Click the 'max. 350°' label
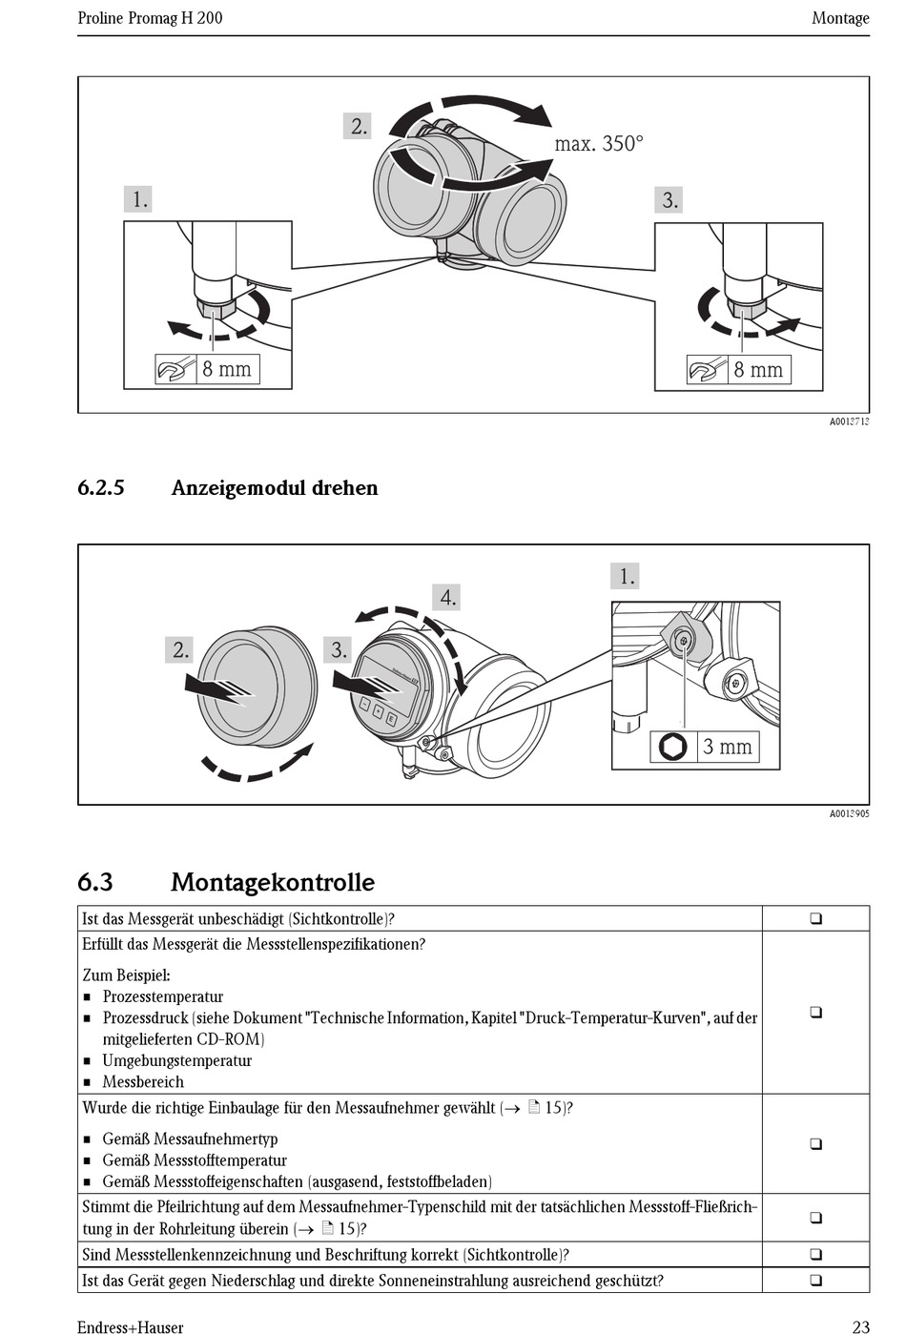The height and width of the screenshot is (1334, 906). pyautogui.click(x=599, y=144)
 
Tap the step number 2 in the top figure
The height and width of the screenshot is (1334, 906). pyautogui.click(x=359, y=126)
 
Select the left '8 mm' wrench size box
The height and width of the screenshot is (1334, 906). pyautogui.click(x=222, y=369)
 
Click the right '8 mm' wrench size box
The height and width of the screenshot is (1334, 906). pyautogui.click(x=752, y=370)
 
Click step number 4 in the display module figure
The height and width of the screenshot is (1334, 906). pyautogui.click(x=447, y=598)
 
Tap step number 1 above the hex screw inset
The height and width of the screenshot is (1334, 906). pyautogui.click(x=626, y=576)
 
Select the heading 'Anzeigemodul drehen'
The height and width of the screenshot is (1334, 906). pyautogui.click(x=275, y=488)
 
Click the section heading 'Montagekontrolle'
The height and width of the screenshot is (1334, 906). pyautogui.click(x=272, y=882)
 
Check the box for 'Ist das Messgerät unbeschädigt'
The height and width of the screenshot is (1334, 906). pyautogui.click(x=815, y=919)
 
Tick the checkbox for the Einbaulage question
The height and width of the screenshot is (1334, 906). pyautogui.click(x=815, y=1143)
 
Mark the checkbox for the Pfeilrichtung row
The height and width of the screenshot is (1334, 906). pyautogui.click(x=815, y=1218)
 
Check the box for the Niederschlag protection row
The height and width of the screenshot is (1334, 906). pyautogui.click(x=815, y=1281)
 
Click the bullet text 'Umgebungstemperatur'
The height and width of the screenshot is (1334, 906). pyautogui.click(x=177, y=1060)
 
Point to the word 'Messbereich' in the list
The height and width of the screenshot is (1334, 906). pyautogui.click(x=143, y=1081)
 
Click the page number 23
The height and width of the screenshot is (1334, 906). pyautogui.click(x=860, y=1325)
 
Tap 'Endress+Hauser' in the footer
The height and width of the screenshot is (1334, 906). pyautogui.click(x=131, y=1325)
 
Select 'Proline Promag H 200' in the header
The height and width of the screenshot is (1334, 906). pyautogui.click(x=150, y=18)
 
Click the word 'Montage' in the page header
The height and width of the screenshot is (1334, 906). pyautogui.click(x=840, y=18)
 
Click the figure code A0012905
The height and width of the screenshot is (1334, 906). pyautogui.click(x=849, y=813)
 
